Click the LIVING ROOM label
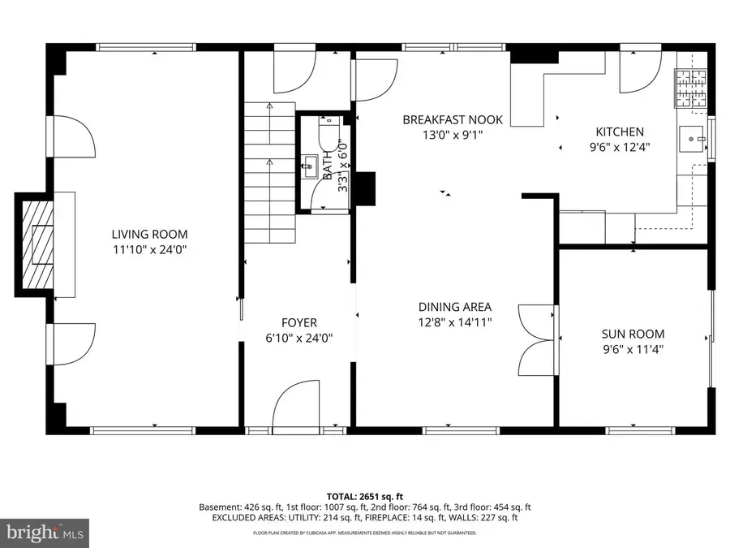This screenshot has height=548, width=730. pyautogui.click(x=153, y=234)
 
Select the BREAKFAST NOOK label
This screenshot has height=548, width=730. pyautogui.click(x=453, y=120)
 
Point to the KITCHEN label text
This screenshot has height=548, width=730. pyautogui.click(x=620, y=132)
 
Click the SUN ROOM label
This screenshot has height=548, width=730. pyautogui.click(x=633, y=334)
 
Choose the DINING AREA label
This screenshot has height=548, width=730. pyautogui.click(x=455, y=307)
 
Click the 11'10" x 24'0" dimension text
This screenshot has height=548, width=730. pyautogui.click(x=153, y=249)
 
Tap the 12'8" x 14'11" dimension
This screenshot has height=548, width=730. pyautogui.click(x=455, y=322)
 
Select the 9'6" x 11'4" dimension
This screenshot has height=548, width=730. pyautogui.click(x=633, y=349)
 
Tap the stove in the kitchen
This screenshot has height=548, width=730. pyautogui.click(x=691, y=89)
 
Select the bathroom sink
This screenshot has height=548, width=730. pyautogui.click(x=310, y=170)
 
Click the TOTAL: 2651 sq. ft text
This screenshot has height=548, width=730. pyautogui.click(x=364, y=495)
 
